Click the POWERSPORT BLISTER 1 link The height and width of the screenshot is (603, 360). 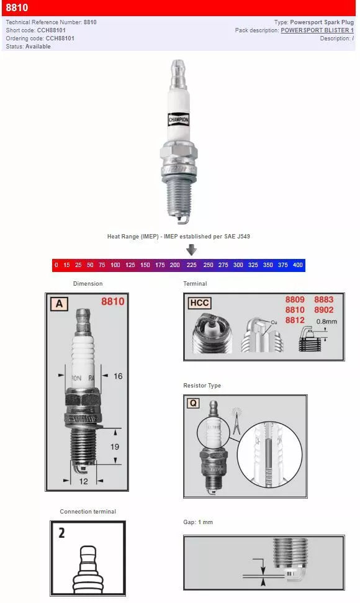[x=317, y=30]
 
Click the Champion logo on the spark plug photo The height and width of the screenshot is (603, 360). [x=178, y=118]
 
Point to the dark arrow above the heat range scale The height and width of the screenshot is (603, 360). [x=191, y=250]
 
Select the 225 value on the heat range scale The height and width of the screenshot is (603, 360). [x=192, y=265]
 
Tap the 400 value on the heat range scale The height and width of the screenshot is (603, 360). [x=297, y=265]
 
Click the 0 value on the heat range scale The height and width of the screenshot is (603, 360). [x=56, y=265]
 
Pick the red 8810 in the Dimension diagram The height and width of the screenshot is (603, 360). [x=112, y=302]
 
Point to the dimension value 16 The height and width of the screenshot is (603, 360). [x=118, y=376]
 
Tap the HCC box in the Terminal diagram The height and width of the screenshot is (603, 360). [x=199, y=302]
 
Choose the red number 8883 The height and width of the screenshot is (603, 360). [x=323, y=300]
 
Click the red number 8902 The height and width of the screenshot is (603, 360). [x=323, y=310]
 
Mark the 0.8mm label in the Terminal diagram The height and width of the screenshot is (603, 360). [x=326, y=322]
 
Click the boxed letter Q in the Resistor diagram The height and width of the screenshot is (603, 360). [x=193, y=402]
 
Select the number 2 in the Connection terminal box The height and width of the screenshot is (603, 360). [x=61, y=533]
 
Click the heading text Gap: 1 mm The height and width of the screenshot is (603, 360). [x=198, y=522]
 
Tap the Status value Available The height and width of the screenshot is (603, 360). [x=38, y=47]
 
